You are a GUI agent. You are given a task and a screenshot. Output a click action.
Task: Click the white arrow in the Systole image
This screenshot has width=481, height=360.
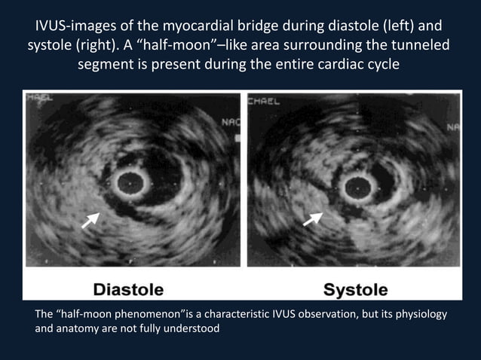tap(312, 219)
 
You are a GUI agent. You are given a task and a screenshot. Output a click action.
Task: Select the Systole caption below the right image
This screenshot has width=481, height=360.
tap(355, 289)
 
